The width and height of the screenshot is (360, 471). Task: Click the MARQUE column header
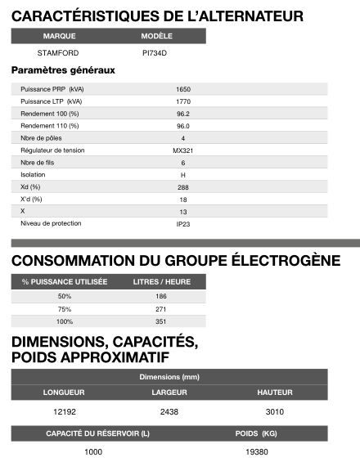tap(59, 37)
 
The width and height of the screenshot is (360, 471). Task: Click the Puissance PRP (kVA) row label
tap(52, 89)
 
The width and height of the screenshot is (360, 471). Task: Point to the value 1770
tap(183, 101)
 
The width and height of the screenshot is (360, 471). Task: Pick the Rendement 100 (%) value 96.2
tap(183, 114)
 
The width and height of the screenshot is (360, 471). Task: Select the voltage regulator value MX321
tap(183, 150)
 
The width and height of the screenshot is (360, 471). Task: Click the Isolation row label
tap(33, 175)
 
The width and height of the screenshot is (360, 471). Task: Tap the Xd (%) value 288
tap(183, 187)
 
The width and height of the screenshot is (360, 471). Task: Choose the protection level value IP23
tap(183, 224)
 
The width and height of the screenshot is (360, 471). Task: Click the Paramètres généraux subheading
tap(63, 70)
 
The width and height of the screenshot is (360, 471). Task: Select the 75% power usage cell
tap(65, 309)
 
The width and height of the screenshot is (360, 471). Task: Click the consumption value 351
tap(160, 322)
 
